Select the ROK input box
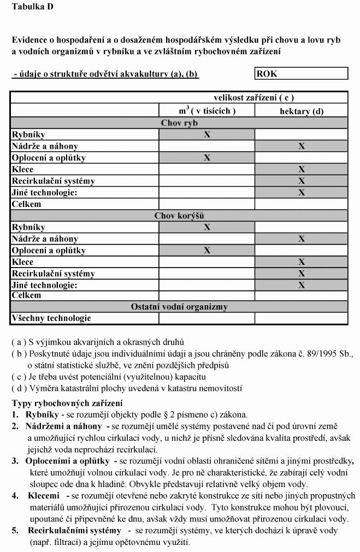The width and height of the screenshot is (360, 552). click(x=301, y=74)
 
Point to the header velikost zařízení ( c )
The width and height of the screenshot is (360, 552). click(x=253, y=98)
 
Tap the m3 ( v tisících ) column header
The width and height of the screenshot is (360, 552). click(x=206, y=110)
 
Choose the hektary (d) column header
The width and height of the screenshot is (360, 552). click(x=301, y=111)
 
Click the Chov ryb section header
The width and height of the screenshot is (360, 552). click(x=179, y=123)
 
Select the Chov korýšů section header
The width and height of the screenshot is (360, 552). click(x=179, y=216)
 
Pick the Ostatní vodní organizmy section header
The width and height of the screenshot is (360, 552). click(x=179, y=307)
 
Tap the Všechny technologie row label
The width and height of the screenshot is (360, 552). click(x=51, y=318)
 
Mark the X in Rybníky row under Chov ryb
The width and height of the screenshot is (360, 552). click(x=207, y=134)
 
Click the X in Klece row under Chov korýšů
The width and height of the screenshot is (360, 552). click(x=301, y=262)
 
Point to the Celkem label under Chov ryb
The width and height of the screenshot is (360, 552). click(x=26, y=204)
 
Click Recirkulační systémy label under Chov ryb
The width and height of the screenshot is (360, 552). click(x=53, y=181)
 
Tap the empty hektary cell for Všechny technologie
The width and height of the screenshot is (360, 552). click(x=301, y=318)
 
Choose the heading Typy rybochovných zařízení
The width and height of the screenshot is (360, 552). click(x=67, y=403)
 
